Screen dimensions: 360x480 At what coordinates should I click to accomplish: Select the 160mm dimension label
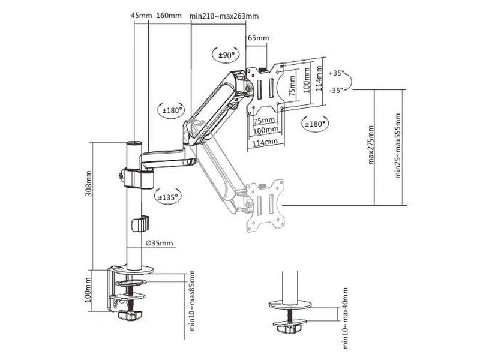click(169, 16)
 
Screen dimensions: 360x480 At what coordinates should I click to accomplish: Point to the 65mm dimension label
click(259, 38)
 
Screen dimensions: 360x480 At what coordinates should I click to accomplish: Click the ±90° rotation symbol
click(226, 55)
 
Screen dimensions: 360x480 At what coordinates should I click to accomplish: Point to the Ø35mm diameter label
click(160, 243)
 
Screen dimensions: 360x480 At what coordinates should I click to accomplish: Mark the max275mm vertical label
click(371, 146)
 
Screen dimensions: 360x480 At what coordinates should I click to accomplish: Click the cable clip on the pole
click(139, 224)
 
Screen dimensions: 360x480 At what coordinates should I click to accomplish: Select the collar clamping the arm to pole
click(137, 178)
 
